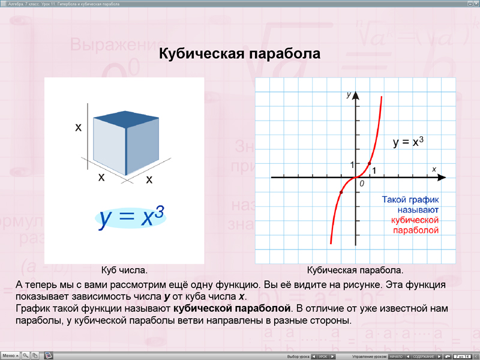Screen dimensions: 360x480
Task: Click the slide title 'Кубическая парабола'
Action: (239, 54)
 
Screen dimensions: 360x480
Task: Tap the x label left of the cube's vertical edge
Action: (78, 127)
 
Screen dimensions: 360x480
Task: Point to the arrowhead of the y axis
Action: (355, 94)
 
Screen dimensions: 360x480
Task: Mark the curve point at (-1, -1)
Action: (341, 192)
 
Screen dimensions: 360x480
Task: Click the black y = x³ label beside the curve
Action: (409, 142)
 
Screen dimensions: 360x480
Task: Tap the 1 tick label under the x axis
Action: (374, 171)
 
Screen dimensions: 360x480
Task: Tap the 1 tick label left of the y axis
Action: (352, 164)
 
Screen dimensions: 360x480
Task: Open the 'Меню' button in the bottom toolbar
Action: (10, 355)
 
